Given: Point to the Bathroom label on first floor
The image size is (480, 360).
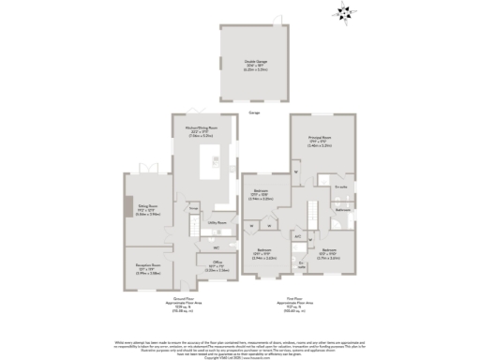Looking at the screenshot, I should [343, 210].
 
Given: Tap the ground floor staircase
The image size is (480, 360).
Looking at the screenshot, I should [192, 225].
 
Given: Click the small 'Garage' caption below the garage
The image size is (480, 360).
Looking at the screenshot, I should [253, 112].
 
